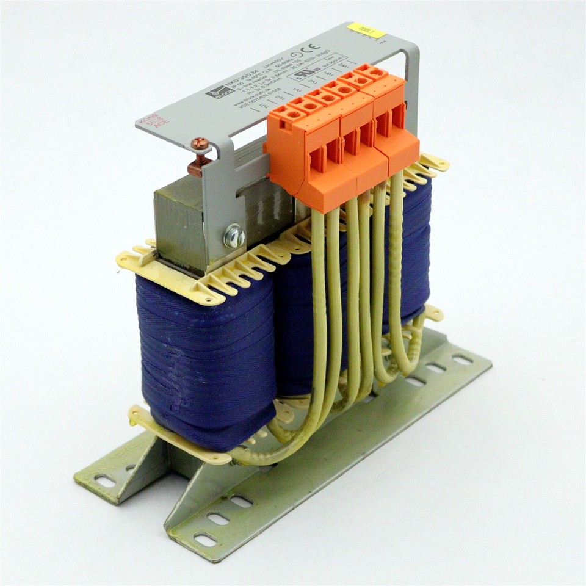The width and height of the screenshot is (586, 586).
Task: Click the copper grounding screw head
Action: coord(200,145)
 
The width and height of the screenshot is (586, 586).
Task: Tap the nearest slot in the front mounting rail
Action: coord(204,540)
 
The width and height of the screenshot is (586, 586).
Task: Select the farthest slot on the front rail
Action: coord(462,360)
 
